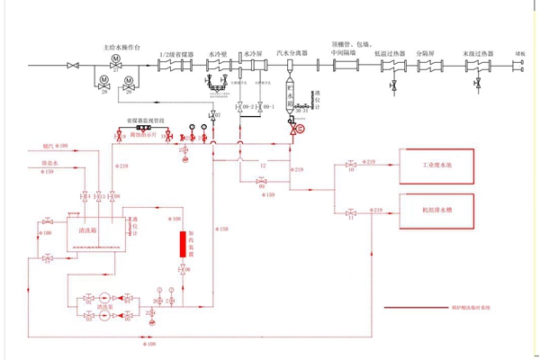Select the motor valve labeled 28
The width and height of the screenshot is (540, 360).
click(104, 82)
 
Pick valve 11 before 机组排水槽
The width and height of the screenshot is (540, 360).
click(349, 213)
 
